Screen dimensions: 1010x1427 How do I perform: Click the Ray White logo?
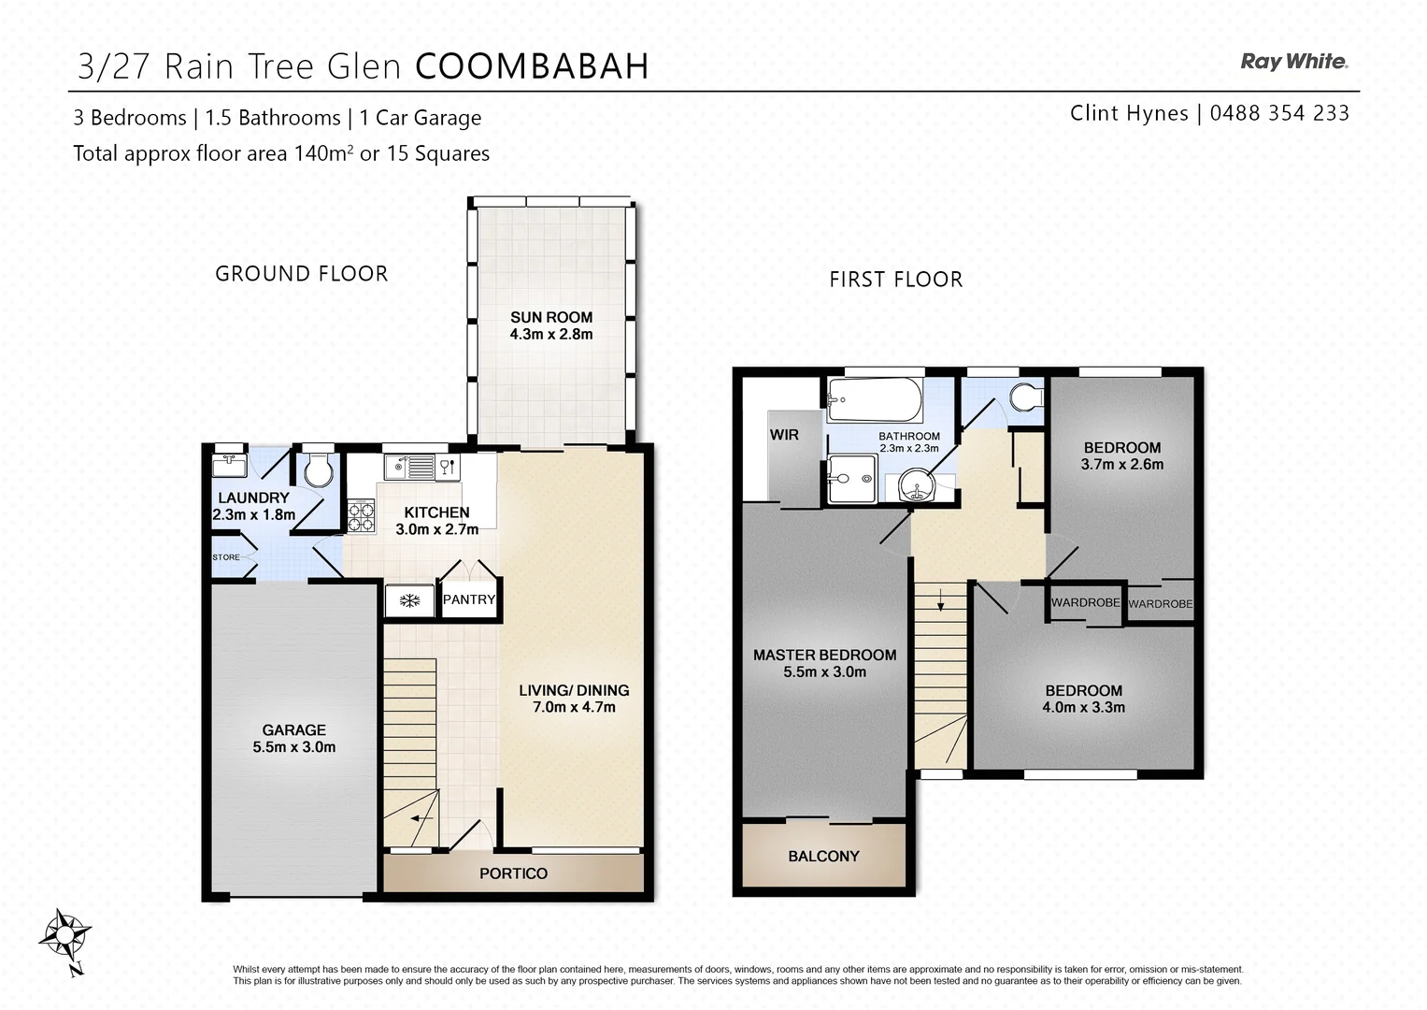click(x=1293, y=62)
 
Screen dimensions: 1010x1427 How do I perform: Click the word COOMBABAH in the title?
click(x=532, y=66)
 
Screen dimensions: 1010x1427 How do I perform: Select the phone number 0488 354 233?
click(x=1279, y=113)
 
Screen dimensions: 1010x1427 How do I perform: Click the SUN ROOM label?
click(x=551, y=317)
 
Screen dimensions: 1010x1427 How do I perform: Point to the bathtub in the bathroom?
click(x=875, y=400)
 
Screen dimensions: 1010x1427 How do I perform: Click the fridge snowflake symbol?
click(x=409, y=600)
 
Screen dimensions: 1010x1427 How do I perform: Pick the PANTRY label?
click(x=468, y=599)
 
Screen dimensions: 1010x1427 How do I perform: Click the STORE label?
click(x=226, y=557)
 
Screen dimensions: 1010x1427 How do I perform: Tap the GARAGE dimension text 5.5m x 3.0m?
click(x=293, y=747)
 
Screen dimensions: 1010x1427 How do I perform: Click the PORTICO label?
click(x=513, y=873)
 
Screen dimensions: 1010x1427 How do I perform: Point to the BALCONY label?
click(x=822, y=856)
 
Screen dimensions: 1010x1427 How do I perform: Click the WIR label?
click(x=783, y=435)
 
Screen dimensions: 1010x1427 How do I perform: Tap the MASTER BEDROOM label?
click(x=824, y=655)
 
